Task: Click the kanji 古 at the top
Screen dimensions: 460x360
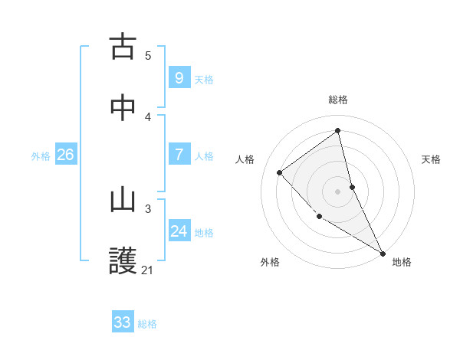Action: tap(123, 47)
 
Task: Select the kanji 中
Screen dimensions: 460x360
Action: tap(123, 108)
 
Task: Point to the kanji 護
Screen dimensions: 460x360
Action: tap(123, 261)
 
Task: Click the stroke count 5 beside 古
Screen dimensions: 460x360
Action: tap(148, 55)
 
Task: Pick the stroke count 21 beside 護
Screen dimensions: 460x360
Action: tap(148, 270)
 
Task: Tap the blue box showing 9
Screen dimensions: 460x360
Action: tap(179, 78)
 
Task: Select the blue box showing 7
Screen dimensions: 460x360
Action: tap(179, 155)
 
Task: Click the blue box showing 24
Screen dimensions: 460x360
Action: tap(179, 231)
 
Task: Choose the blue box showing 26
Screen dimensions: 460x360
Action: tap(65, 155)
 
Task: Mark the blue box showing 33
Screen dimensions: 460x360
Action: tap(123, 322)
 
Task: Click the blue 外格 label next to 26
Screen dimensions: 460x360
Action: tap(41, 155)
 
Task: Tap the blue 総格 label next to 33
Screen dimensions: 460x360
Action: tap(147, 324)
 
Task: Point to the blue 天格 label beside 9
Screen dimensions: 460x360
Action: tap(204, 79)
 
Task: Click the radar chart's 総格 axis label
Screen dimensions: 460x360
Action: tap(338, 100)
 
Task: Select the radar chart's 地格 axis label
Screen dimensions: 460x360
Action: tap(402, 262)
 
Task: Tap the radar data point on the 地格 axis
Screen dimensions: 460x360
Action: tap(383, 252)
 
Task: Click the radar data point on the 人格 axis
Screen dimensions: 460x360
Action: tap(280, 172)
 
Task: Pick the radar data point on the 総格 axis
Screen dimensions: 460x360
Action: tap(338, 130)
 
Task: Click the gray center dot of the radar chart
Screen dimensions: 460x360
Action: tap(338, 191)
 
